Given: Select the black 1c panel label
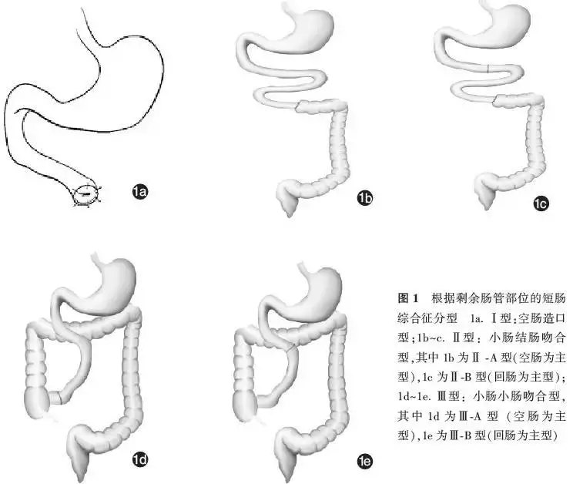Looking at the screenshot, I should point(541,204).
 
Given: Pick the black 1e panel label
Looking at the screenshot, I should point(364,462).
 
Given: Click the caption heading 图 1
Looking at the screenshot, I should point(407,297).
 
